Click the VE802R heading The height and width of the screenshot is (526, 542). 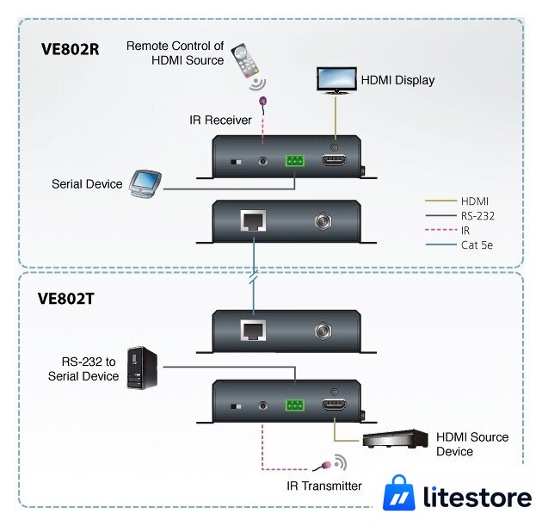71,49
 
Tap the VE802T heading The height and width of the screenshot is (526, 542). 66,299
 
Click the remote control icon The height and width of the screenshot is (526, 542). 245,60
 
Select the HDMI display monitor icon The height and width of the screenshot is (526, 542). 336,80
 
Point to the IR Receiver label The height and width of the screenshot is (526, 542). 220,121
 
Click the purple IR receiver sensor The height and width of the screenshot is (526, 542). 263,102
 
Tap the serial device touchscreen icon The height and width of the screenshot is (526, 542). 145,183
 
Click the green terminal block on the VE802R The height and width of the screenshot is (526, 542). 295,161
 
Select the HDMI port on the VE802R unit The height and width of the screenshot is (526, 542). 335,160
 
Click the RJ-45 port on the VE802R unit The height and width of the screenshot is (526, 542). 254,220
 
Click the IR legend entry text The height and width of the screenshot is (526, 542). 465,231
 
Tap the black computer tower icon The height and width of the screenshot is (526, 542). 142,368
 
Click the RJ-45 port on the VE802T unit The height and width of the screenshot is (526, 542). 254,331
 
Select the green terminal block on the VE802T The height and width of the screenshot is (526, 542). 295,405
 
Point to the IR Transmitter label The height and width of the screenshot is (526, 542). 324,486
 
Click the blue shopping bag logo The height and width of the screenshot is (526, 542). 399,492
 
